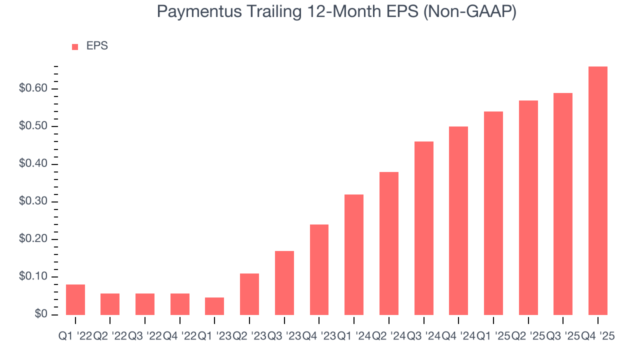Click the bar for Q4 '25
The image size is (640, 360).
(x=598, y=190)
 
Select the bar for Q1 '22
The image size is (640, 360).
(x=75, y=299)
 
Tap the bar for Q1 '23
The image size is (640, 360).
(x=214, y=306)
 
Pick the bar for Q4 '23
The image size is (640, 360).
(x=319, y=269)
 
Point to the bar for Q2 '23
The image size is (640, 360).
(x=249, y=294)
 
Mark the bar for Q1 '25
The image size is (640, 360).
(x=493, y=213)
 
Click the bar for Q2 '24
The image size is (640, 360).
(x=389, y=243)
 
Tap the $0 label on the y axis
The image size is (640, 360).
(x=40, y=314)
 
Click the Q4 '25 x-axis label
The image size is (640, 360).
(x=597, y=336)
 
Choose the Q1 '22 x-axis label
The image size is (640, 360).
(x=75, y=336)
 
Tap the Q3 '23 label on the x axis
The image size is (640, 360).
(x=284, y=336)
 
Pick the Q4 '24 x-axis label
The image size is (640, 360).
(x=458, y=336)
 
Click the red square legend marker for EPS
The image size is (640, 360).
(x=75, y=46)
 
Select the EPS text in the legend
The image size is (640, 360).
(x=97, y=46)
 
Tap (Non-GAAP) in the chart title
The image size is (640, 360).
(x=469, y=11)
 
